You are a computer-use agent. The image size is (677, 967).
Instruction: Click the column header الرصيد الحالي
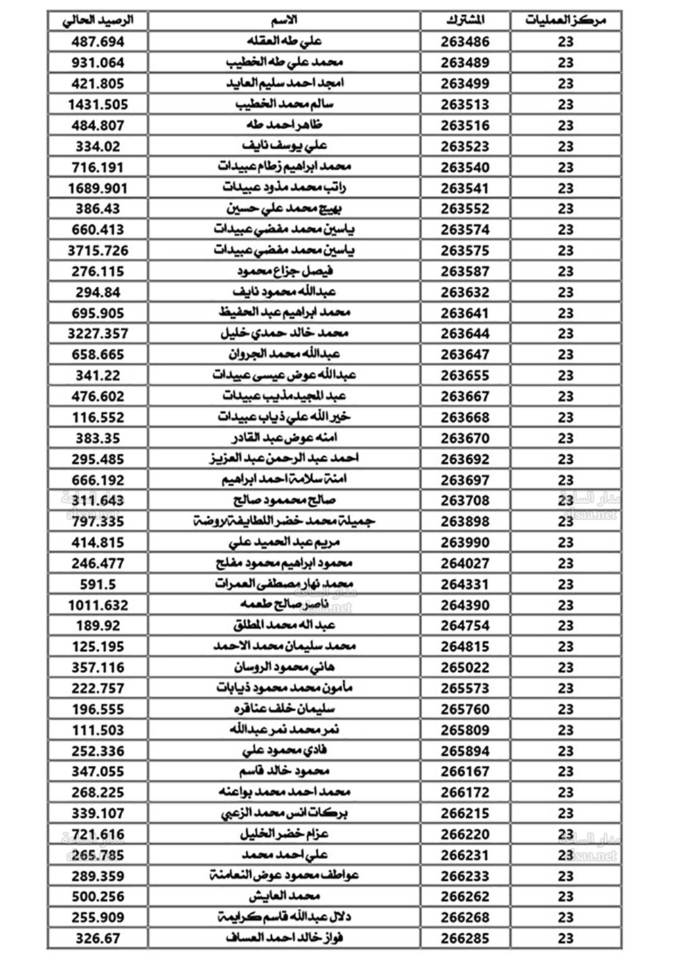point(98,20)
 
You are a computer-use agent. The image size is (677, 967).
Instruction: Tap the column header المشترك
point(465,20)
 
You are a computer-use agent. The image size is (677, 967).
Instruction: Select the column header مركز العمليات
point(565,20)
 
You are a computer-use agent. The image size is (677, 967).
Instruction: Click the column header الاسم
point(284,20)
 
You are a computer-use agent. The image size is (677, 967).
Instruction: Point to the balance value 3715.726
point(98,250)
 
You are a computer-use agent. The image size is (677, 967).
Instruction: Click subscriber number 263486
point(465,42)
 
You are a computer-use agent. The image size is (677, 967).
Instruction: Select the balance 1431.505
point(98,104)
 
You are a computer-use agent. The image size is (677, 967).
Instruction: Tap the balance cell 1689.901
point(98,188)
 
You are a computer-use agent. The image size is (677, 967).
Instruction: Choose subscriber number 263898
point(465,521)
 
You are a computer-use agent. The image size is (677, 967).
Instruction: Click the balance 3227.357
point(98,333)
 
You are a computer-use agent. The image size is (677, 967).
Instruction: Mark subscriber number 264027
point(465,563)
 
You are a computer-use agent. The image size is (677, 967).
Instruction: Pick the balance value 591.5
point(98,584)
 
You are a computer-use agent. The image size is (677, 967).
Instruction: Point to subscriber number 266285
point(465,938)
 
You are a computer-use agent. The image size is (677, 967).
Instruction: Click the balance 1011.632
point(98,605)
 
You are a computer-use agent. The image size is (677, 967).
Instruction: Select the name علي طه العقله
point(284,42)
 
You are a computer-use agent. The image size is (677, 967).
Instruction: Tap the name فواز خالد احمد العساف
point(284,938)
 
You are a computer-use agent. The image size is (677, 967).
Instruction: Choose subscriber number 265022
point(465,667)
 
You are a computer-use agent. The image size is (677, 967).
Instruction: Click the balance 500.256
point(98,896)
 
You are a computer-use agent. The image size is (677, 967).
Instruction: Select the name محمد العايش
point(284,896)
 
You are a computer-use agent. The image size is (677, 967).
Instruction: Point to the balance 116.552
point(98,417)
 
